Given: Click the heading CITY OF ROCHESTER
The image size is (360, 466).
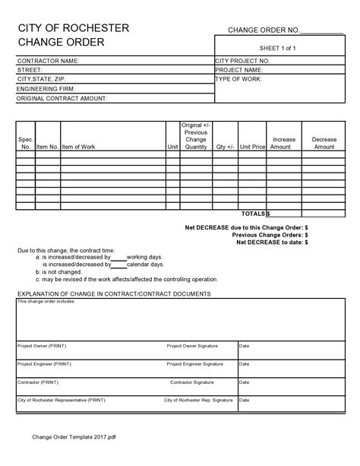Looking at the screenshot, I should point(73,28).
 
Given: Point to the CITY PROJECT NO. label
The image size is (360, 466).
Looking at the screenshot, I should point(242,60).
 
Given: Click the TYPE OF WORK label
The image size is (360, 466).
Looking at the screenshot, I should point(238,78).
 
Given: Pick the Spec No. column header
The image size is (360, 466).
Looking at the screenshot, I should point(25,143).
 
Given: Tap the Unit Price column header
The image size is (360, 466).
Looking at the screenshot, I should point(252,147).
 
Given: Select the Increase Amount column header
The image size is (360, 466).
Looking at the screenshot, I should point(283,143).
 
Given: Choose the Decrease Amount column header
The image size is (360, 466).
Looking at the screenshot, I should point(324,143).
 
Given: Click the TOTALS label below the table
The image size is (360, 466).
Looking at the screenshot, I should point(254,214).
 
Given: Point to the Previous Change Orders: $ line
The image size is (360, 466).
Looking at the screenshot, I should point(270,235).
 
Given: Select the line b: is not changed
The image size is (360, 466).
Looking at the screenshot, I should point(62,271).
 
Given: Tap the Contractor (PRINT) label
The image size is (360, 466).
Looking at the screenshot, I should point(39,382).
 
